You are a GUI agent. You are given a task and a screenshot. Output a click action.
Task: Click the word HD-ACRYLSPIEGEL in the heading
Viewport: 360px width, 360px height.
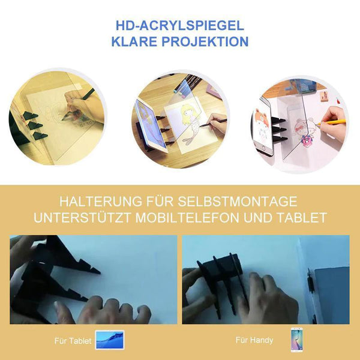(x=180, y=25)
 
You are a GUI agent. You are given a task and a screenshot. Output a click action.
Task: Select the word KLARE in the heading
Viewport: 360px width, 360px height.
(x=134, y=41)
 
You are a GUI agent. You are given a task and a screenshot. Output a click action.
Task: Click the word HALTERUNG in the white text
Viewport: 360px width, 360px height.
(x=101, y=202)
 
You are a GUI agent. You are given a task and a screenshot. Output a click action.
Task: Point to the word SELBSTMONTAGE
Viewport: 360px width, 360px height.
(x=238, y=202)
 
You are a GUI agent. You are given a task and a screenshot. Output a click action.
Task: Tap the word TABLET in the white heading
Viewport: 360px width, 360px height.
(x=302, y=217)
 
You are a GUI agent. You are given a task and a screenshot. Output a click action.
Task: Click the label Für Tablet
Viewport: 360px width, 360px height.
(x=73, y=341)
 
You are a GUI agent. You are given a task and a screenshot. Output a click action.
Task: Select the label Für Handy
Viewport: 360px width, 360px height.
(x=254, y=340)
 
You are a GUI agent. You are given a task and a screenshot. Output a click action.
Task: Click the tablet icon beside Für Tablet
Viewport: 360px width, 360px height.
(x=110, y=340)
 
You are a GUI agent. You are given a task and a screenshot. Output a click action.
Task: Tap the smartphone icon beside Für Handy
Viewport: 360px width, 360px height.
(x=296, y=340)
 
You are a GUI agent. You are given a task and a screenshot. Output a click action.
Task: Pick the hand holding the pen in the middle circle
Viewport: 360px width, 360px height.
(x=217, y=125)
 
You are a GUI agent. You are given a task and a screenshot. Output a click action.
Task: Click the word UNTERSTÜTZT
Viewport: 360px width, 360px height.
(x=82, y=217)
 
